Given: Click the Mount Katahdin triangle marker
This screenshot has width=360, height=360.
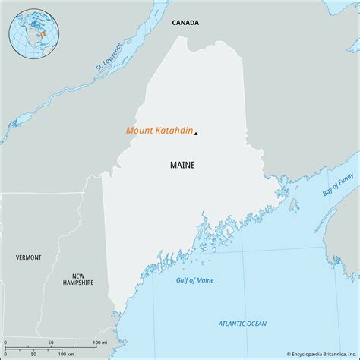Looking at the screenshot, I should [196, 134].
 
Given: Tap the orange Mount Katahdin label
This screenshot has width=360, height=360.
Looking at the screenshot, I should [158, 131].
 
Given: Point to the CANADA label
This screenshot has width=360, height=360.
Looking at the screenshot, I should [185, 23].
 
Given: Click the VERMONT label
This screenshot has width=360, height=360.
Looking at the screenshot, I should [29, 257].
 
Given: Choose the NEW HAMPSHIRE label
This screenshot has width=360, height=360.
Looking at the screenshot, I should [78, 279].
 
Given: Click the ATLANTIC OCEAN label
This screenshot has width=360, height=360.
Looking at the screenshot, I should [243, 324].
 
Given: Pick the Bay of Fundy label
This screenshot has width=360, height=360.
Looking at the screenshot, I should [337, 186].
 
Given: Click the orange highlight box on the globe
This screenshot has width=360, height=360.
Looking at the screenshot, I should [43, 33].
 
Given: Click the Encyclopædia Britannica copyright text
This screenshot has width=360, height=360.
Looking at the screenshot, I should [313, 354].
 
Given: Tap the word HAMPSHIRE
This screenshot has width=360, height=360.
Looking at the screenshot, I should [78, 283].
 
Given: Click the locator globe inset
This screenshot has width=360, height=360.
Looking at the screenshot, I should [30, 31].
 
